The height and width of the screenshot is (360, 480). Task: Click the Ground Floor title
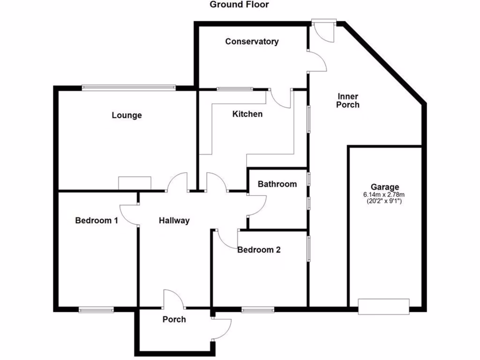(239, 5)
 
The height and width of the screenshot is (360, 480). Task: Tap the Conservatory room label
(252, 42)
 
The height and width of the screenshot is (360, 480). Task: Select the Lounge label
(127, 115)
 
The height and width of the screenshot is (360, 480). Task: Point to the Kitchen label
(247, 114)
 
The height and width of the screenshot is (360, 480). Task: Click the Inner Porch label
(348, 101)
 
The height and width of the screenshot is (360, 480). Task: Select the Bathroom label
(277, 184)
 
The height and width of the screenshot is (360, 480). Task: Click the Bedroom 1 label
(97, 220)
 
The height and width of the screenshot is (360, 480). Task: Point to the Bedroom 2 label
(259, 250)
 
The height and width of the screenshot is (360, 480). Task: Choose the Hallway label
(174, 220)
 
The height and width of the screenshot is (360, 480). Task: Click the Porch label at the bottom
(174, 320)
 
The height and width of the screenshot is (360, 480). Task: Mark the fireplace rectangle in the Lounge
(135, 183)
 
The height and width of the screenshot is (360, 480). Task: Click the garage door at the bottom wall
(383, 307)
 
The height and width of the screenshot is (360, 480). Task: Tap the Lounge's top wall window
(128, 87)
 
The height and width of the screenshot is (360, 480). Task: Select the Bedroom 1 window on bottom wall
(96, 309)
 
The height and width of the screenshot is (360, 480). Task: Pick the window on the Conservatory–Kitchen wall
(234, 89)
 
